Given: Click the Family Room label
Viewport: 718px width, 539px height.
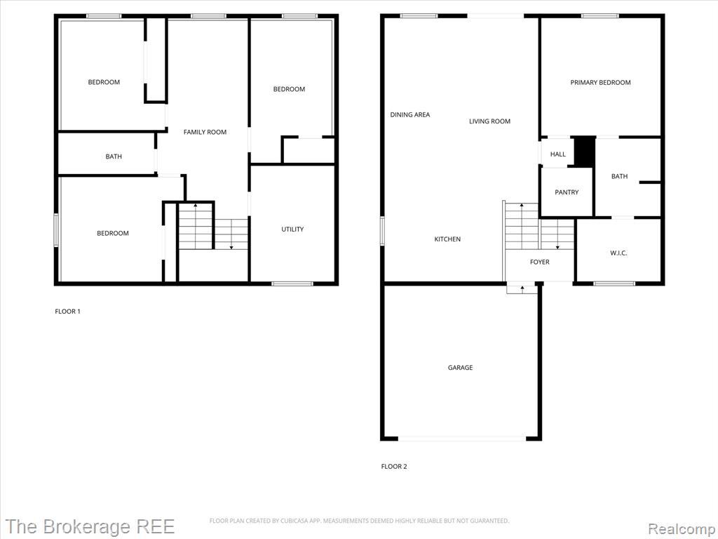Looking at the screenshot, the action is (x=205, y=132).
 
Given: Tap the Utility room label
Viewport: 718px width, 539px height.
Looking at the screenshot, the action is (x=292, y=229).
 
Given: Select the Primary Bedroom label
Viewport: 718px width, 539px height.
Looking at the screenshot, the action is (x=600, y=83).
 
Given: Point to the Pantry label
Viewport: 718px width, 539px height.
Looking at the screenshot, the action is (x=567, y=192).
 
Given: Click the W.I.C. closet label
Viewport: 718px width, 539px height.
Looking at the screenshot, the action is (x=618, y=253).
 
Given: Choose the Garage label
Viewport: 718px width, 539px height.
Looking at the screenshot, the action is (x=460, y=368).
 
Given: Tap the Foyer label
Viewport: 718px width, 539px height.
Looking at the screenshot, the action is (x=539, y=262).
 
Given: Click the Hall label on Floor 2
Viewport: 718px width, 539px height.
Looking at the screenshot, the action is (x=557, y=154).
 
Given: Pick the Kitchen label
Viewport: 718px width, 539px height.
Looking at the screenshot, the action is (x=447, y=239).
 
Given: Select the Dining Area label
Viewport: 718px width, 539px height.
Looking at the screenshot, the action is (x=409, y=114).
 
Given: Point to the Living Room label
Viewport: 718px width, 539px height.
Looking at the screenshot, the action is (x=489, y=121).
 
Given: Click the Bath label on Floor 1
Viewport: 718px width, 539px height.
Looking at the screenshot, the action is (x=114, y=157).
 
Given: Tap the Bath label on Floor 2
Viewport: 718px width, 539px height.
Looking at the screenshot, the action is (x=619, y=176).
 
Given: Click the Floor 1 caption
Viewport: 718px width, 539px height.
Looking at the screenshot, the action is (x=68, y=312).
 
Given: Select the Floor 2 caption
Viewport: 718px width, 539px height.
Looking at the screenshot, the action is (x=394, y=467).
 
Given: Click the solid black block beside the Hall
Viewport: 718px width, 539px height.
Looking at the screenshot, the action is (x=584, y=152).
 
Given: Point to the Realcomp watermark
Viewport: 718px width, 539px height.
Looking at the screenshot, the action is (x=682, y=528).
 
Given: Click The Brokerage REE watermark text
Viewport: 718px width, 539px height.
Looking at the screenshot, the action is (x=90, y=526).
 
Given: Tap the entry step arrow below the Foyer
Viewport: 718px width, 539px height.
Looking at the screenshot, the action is (x=522, y=288).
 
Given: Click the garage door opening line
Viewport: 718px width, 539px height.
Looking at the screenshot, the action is (x=462, y=439).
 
